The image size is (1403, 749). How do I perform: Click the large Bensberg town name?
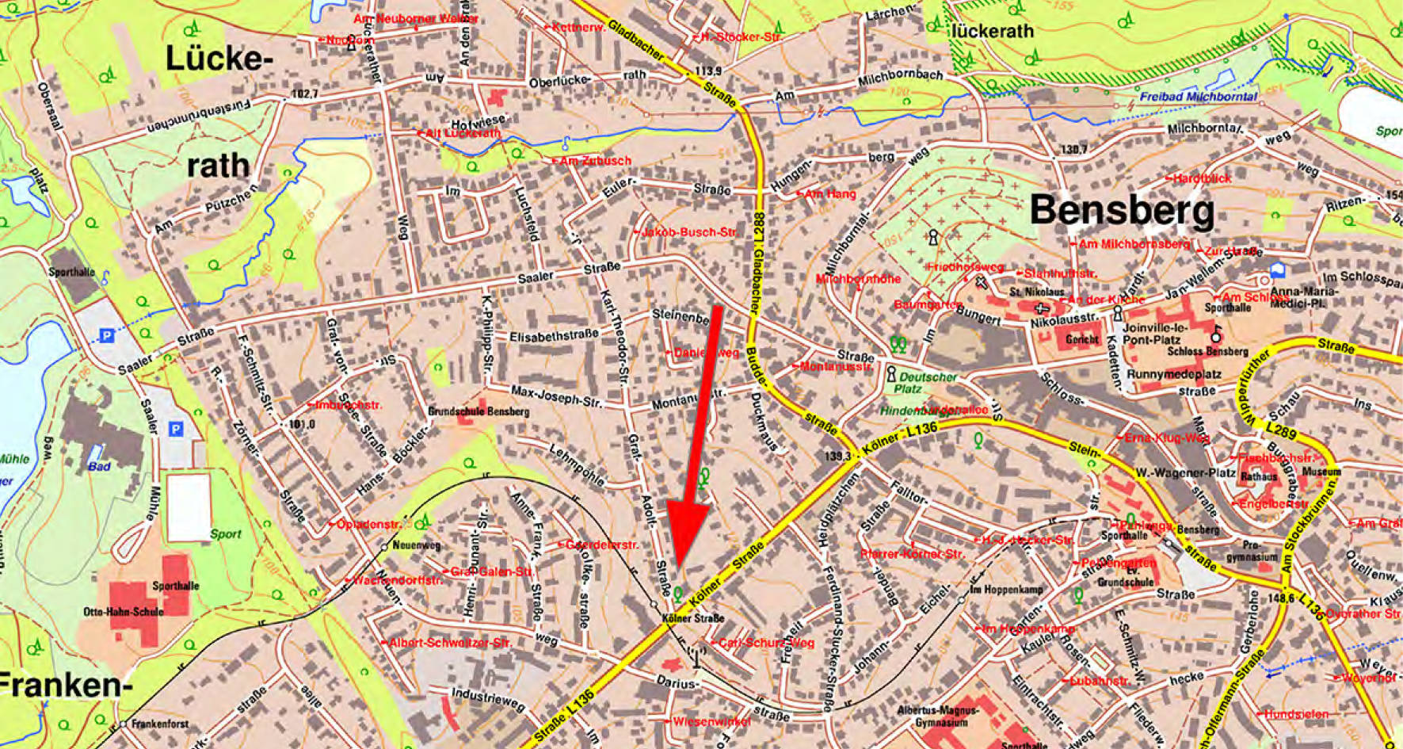click(1122, 211)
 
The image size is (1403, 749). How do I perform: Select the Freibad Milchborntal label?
click(1198, 97)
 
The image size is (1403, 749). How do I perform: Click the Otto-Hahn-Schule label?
click(124, 612)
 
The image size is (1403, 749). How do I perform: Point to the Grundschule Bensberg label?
click(478, 411)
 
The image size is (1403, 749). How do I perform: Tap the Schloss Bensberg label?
click(1207, 351)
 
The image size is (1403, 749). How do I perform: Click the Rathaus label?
click(1259, 477)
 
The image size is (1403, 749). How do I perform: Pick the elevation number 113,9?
click(707, 71)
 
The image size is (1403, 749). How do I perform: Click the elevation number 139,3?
click(837, 457)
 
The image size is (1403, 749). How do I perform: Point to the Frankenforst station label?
click(160, 724)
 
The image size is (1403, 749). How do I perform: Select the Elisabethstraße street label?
click(553, 336)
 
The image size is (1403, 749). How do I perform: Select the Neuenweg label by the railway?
click(416, 545)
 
